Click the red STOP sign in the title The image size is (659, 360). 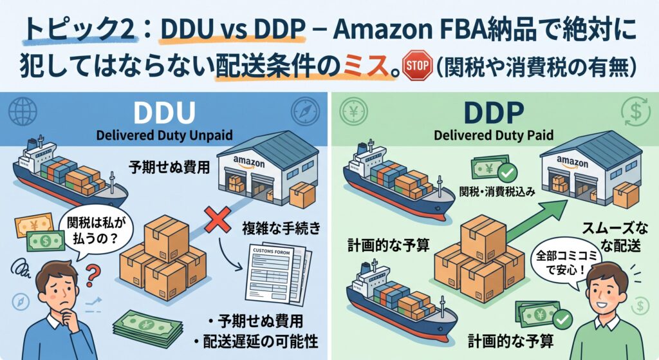point(417,65)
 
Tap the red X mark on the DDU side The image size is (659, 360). point(218,219)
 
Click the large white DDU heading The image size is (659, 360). point(164,113)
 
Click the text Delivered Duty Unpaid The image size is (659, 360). point(164,135)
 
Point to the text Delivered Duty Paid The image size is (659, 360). point(494,135)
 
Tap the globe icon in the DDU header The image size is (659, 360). point(23,111)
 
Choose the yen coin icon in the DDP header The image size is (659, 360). point(353,112)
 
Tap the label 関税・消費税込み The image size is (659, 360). point(497,192)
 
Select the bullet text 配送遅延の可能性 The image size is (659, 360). point(261,341)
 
